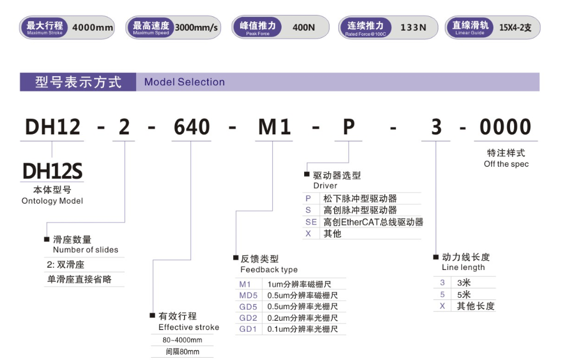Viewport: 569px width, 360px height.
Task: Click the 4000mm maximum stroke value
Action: click(92, 27)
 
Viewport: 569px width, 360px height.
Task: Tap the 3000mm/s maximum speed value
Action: click(196, 28)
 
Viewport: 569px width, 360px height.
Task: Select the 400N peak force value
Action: click(304, 27)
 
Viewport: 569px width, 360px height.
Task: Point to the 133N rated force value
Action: click(413, 27)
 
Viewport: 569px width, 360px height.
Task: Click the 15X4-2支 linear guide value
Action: click(515, 28)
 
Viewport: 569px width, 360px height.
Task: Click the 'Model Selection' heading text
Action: click(184, 82)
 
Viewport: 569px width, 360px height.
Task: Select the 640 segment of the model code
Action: click(192, 127)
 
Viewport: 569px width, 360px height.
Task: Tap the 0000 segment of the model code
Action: click(506, 127)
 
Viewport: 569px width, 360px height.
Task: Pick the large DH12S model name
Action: click(53, 171)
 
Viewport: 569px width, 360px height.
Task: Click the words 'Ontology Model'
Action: click(53, 201)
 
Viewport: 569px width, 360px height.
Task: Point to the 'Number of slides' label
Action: click(85, 250)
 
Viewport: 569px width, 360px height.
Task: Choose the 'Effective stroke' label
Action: click(189, 327)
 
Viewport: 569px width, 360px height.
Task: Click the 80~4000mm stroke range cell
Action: click(182, 340)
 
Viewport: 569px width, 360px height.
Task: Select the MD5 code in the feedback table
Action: click(248, 295)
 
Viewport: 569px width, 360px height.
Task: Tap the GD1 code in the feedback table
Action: click(248, 329)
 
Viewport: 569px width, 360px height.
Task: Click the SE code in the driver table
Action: click(311, 222)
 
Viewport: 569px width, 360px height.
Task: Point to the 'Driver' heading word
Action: click(325, 186)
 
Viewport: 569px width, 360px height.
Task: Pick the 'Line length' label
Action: click(463, 268)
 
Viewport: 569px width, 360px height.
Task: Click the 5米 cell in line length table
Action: click(464, 294)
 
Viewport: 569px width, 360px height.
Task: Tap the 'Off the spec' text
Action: click(506, 164)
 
